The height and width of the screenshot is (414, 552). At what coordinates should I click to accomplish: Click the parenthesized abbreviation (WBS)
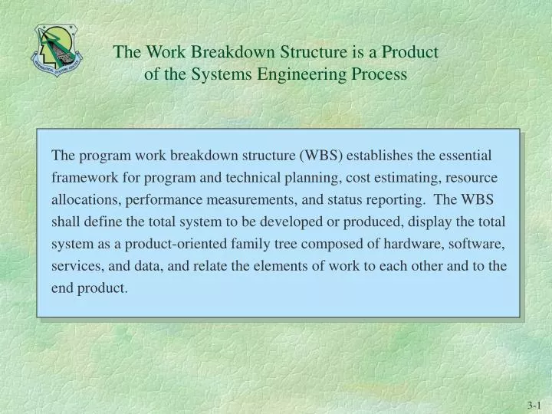(x=324, y=156)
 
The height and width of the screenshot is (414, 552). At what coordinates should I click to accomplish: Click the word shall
(x=65, y=222)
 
